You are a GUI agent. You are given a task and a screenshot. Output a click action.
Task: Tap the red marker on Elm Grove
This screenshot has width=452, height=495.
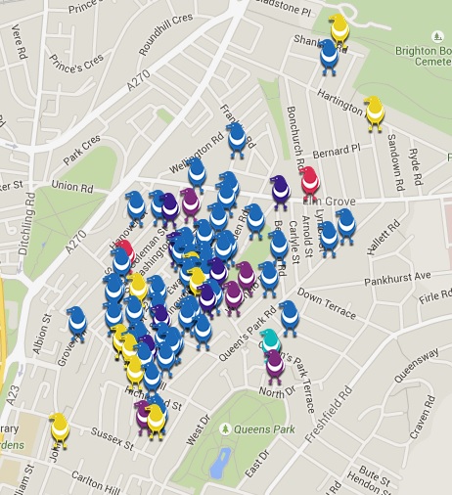(x=309, y=179)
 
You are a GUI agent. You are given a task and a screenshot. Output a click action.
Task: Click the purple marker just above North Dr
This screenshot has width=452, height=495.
(x=275, y=363)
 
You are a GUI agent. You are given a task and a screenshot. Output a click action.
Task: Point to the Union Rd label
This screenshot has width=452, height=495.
(x=70, y=184)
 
